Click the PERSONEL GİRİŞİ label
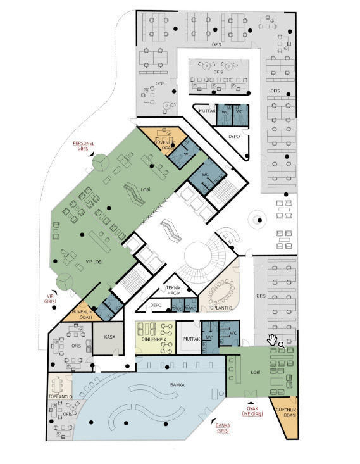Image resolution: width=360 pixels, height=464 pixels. click(x=85, y=146)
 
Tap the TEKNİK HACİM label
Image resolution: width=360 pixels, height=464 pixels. click(x=173, y=291)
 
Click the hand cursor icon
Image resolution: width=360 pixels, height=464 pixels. click(x=273, y=341)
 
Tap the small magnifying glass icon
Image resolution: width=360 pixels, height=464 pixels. click(x=281, y=345)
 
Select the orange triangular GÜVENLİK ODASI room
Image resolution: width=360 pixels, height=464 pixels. click(x=283, y=415)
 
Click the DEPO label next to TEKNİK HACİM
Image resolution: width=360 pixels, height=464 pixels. click(x=155, y=305)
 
